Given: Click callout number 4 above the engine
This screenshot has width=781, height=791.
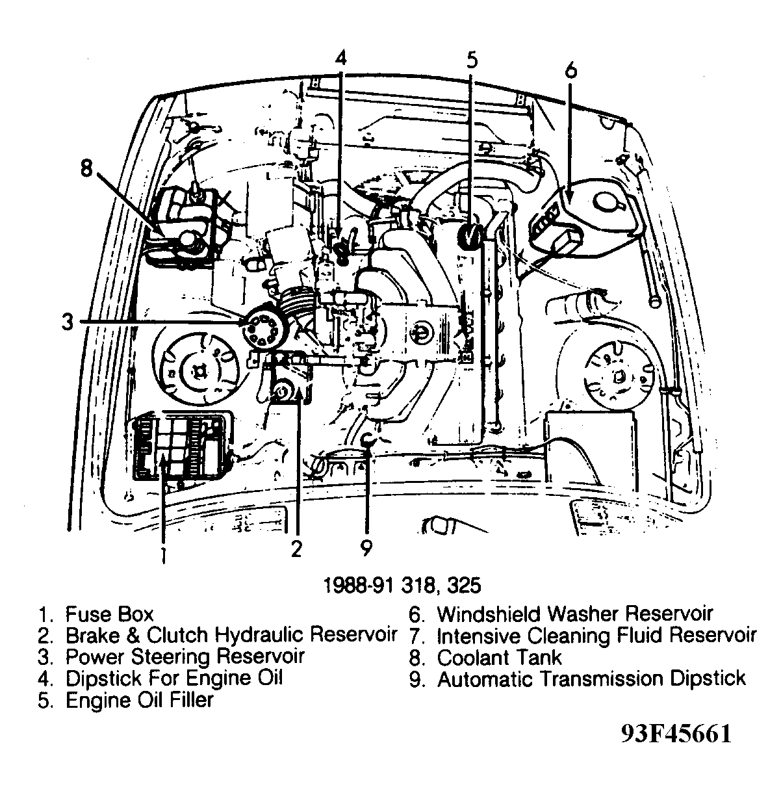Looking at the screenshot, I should point(341,58).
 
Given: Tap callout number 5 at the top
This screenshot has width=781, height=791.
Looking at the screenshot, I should point(472,60).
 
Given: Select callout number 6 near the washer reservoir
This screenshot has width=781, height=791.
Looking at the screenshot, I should point(570,70).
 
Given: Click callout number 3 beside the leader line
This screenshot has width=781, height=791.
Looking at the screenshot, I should point(68,322).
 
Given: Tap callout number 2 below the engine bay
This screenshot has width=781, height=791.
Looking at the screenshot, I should point(296,550).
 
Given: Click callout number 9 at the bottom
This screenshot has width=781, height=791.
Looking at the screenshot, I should point(366,550).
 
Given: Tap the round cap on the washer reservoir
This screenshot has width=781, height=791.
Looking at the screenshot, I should point(609,203).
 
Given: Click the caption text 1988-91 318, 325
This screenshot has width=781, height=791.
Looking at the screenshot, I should point(403,584).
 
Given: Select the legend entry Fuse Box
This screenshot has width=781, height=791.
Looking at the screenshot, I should point(109,614).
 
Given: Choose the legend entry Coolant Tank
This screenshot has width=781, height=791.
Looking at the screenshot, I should point(499,657).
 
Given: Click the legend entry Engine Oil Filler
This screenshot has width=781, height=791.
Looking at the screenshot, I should point(139,701).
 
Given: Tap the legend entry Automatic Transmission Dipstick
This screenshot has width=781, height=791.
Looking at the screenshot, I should point(591,679).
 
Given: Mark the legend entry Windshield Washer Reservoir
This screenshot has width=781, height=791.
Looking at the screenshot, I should point(574,614).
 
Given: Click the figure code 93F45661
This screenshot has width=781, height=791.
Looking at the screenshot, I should point(676,734).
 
